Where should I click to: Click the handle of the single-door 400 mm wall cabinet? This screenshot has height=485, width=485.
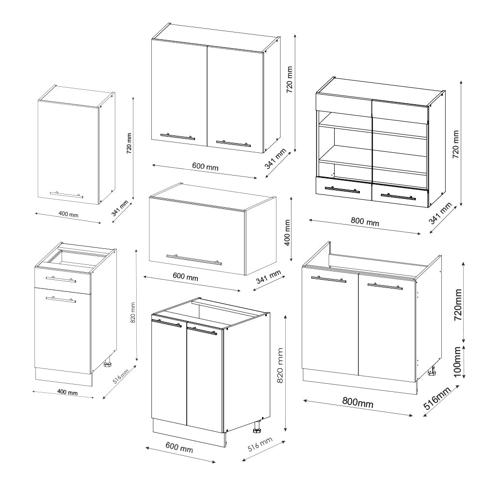click(66, 194)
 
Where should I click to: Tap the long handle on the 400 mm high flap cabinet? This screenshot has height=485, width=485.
click(194, 259)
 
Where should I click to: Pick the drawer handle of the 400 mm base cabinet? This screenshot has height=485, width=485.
click(61, 279)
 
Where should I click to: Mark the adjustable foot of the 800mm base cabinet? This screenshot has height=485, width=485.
click(431, 372)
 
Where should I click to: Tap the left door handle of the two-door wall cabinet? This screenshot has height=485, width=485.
click(178, 137)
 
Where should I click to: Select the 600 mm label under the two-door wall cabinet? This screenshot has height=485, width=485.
click(205, 167)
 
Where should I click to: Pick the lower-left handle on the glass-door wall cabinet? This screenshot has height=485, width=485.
click(342, 190)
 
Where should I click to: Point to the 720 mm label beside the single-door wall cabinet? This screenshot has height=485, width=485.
click(129, 144)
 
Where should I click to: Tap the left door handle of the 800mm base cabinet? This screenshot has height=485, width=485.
click(328, 279)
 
